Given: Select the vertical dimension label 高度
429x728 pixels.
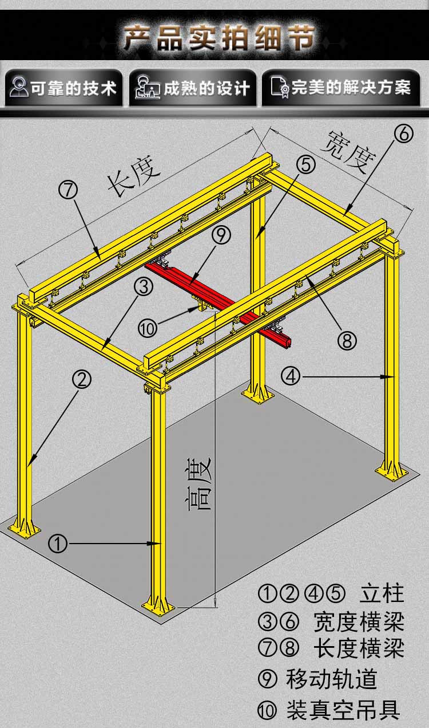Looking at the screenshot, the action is tap(199, 483).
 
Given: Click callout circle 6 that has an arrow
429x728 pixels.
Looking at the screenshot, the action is tap(404, 134).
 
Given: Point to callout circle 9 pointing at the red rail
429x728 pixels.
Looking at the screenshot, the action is tap(221, 235).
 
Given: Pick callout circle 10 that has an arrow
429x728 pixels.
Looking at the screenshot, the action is tap(148, 328).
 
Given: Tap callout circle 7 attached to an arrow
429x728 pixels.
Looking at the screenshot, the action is tap(68, 190).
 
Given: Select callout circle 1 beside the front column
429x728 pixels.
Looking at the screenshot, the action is tap(58, 544).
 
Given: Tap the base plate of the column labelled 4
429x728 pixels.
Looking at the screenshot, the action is tap(391, 472).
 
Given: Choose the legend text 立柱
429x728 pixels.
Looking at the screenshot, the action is tap(382, 593).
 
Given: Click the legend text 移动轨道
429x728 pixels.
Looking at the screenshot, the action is tap(331, 679).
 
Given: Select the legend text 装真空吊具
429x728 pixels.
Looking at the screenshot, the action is tap(343, 710).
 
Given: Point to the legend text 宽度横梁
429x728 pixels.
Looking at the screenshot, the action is tap(359, 621).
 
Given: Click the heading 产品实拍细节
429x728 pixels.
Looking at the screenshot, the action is tap(220, 38).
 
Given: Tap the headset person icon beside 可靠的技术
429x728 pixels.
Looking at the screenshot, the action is tap(18, 86).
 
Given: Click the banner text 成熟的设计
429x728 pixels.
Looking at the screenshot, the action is tap(206, 88).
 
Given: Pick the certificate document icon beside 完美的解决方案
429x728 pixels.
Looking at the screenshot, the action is tap(280, 87).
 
